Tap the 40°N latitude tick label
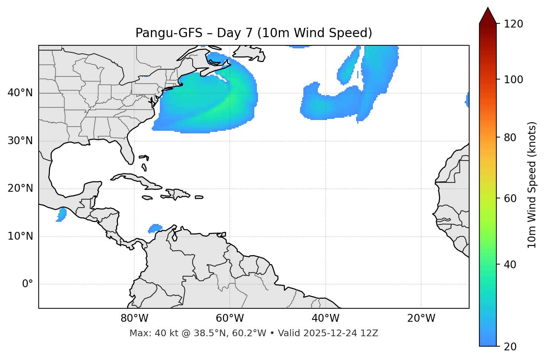coord(20,93)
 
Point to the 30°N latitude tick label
coord(20,141)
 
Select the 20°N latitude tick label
coord(20,188)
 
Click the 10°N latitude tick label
coord(20,236)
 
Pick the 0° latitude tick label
coord(27,284)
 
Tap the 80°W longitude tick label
coord(134,318)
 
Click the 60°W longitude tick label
coord(230,318)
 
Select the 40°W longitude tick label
coord(325,318)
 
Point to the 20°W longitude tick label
coord(421,318)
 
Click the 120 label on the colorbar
coord(514,24)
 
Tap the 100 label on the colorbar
coord(514,80)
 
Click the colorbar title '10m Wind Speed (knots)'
coord(532,185)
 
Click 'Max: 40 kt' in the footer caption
coord(146,333)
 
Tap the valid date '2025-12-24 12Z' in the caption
coord(341,333)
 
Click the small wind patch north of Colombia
coord(155,228)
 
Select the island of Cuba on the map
coord(138,179)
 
